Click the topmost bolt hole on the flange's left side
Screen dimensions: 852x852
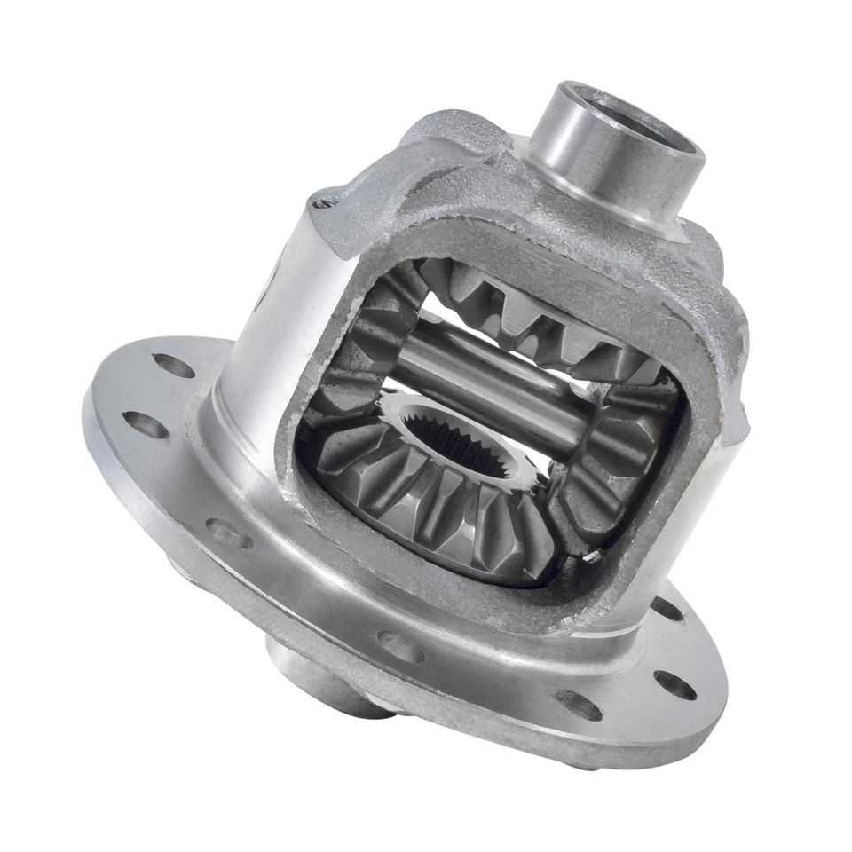coord(173,365)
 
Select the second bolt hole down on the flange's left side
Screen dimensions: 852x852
coord(146,424)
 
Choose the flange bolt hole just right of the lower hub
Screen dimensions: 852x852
coord(400,646)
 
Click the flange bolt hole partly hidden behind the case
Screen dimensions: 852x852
coord(667,609)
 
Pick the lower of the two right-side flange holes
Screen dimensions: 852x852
coord(674,684)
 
